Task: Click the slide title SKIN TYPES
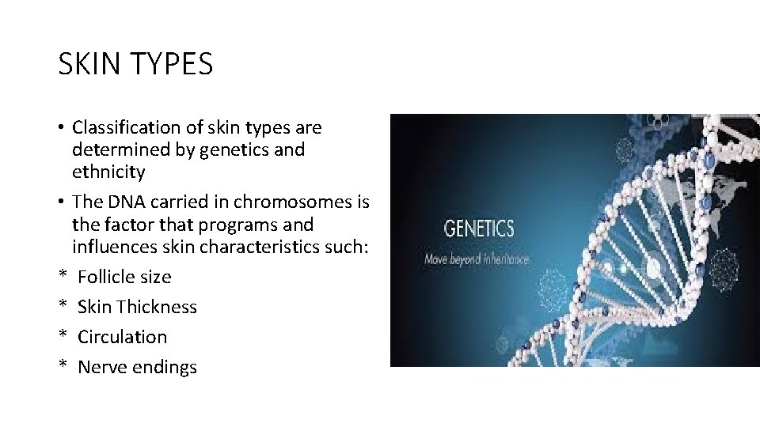click(135, 64)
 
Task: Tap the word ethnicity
click(108, 172)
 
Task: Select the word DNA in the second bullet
click(125, 202)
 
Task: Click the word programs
click(242, 224)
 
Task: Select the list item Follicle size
click(124, 277)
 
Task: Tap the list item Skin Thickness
click(137, 307)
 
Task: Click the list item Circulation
click(123, 337)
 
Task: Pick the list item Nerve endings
click(137, 367)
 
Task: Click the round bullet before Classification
click(61, 127)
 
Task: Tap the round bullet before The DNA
click(61, 202)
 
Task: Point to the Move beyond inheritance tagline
click(478, 259)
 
